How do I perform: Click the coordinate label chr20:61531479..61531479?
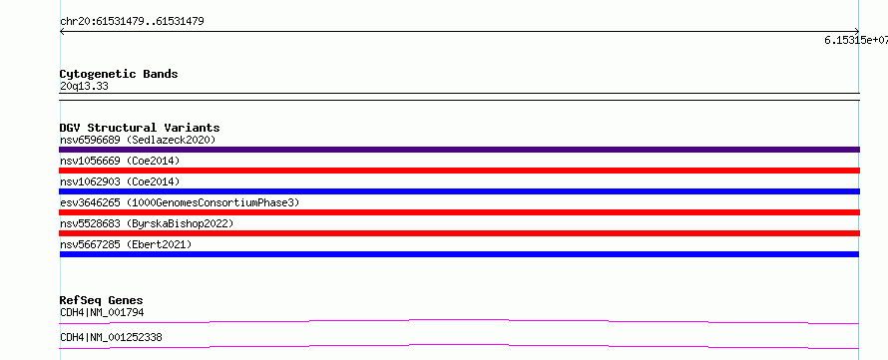coord(132,22)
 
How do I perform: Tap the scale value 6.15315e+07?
coord(856,40)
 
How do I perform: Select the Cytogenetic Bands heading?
coord(119,74)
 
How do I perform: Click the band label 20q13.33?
coord(84,87)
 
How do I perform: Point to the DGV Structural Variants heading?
coord(140,128)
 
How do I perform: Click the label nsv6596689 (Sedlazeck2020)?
coord(138,140)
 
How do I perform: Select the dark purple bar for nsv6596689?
coord(459,150)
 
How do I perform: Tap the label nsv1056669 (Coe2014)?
coord(120,161)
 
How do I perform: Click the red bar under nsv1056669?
coord(459,171)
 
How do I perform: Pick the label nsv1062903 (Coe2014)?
coord(120,181)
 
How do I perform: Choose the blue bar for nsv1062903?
coord(459,191)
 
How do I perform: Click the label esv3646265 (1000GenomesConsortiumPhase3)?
coord(180,202)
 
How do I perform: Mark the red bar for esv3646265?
coord(459,212)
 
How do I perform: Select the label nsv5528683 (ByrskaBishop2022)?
coord(147,223)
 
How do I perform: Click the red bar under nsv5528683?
coord(459,233)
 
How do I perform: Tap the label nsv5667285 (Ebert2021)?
coord(126,244)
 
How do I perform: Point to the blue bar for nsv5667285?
coord(459,254)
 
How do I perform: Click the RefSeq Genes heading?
coord(102,300)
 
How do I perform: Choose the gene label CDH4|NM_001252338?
coord(111,337)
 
